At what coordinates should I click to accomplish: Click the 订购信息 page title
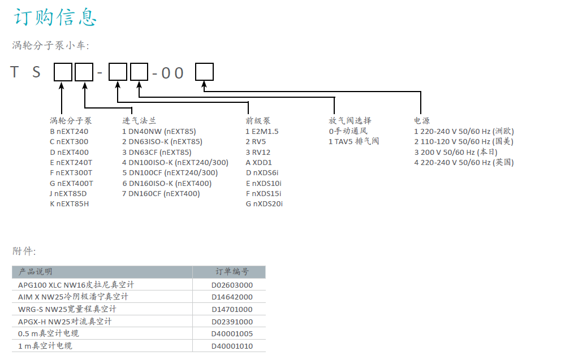coord(55,17)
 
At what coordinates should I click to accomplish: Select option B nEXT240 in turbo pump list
coord(69,132)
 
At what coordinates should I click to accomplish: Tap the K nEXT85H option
coord(70,204)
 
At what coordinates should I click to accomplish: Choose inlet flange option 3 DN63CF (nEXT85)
coord(157,152)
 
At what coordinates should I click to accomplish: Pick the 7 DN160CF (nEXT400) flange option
coord(161,194)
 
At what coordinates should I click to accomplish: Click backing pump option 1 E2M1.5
coord(262,132)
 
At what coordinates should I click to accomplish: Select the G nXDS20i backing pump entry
coord(264,204)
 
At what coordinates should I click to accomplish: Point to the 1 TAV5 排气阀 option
coord(354,141)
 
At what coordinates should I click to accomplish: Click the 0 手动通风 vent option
coord(348,131)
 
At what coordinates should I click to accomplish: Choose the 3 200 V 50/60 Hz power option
coord(456,152)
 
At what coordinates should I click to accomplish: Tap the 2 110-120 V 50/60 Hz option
coord(464,141)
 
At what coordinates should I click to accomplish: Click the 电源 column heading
coord(422,121)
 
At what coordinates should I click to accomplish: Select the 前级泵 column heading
coord(258,121)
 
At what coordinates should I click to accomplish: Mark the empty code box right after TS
coord(63,72)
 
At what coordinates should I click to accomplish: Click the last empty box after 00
coord(204,72)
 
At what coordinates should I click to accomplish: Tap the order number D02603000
coord(232,285)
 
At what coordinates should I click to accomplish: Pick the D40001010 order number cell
coord(232,346)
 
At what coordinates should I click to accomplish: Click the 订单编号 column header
coord(232,272)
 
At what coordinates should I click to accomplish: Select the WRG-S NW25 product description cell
coord(67,309)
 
